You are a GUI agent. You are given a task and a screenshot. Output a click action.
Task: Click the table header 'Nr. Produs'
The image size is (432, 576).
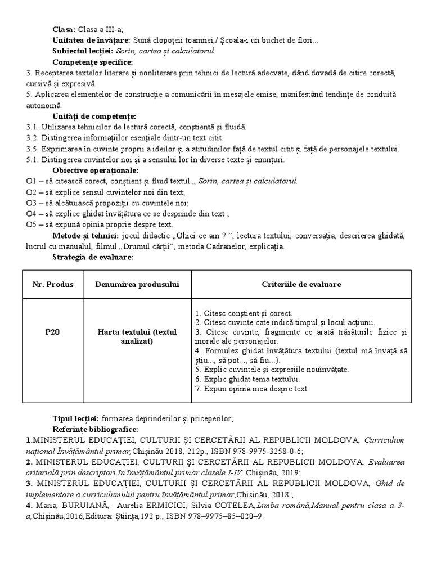tap(52, 285)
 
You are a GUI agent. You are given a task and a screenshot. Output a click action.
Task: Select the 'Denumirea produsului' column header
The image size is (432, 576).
tap(137, 285)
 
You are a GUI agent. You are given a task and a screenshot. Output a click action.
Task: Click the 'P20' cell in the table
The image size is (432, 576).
tap(52, 332)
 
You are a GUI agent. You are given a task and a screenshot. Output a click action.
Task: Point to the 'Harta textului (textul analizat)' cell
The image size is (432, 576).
tap(137, 336)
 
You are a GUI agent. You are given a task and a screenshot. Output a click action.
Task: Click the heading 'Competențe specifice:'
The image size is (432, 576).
tap(92, 62)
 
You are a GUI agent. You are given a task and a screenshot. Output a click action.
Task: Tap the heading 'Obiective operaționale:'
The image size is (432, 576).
tap(95, 170)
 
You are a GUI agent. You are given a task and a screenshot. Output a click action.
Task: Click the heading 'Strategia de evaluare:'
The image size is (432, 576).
tap(92, 257)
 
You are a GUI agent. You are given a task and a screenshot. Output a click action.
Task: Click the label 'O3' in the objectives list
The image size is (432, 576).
tap(31, 202)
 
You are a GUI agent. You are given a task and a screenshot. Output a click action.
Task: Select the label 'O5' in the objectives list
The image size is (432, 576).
tap(31, 224)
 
